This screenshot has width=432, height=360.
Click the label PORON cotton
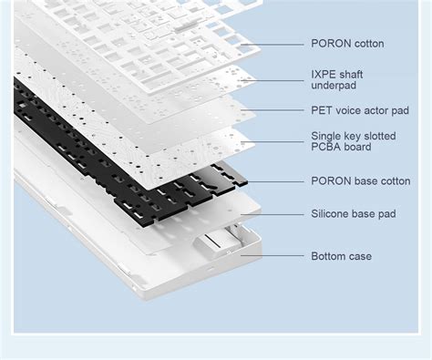coord(347,44)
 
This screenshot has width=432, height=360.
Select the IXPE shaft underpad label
coord(341,79)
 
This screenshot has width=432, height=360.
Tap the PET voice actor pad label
coord(360,109)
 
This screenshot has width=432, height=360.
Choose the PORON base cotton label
coord(360,181)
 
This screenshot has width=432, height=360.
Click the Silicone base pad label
coord(353,214)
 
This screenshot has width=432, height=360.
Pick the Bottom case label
coord(341,256)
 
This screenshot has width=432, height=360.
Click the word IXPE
coord(324,73)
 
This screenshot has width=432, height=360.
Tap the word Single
coord(327,135)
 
